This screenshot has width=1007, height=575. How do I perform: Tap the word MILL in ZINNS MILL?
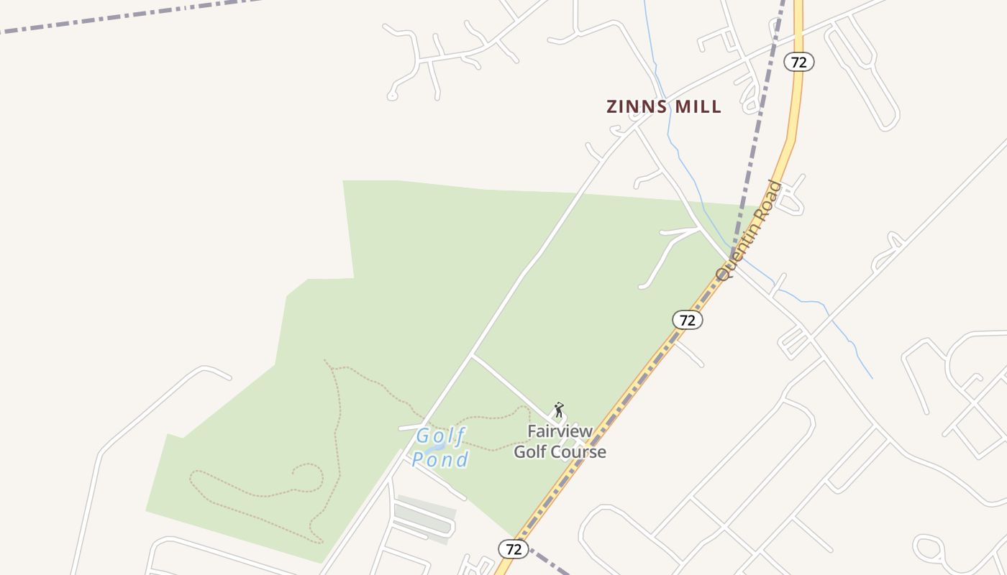pyautogui.click(x=697, y=107)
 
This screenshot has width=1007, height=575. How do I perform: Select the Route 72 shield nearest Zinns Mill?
pyautogui.click(x=798, y=62)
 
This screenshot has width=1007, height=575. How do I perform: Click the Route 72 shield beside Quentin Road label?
pyautogui.click(x=688, y=320)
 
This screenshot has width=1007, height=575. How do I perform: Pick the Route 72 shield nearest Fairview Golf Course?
pyautogui.click(x=514, y=549)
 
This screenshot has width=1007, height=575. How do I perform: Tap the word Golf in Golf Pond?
pyautogui.click(x=441, y=436)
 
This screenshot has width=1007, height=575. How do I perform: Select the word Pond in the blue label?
pyautogui.click(x=440, y=459)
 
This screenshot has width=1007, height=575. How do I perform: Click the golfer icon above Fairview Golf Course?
pyautogui.click(x=559, y=410)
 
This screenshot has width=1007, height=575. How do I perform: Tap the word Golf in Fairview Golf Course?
pyautogui.click(x=532, y=452)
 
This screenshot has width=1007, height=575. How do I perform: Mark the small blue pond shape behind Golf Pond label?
pyautogui.click(x=434, y=447)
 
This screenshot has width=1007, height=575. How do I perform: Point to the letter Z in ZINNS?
pyautogui.click(x=612, y=107)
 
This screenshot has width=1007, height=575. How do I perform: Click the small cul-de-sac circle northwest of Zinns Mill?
pyautogui.click(x=393, y=94)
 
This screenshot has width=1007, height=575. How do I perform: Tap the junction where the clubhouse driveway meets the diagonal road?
pyautogui.click(x=471, y=356)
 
